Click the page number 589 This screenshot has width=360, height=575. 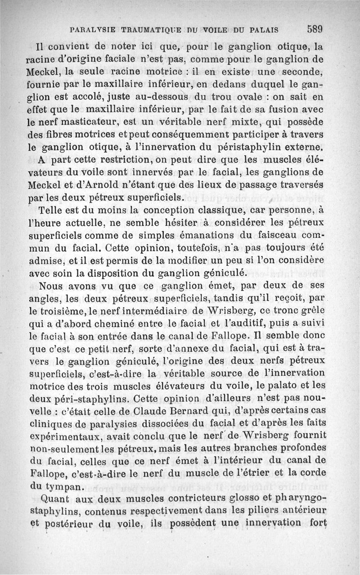point(315,30)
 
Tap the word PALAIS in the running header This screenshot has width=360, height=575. point(261,30)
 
